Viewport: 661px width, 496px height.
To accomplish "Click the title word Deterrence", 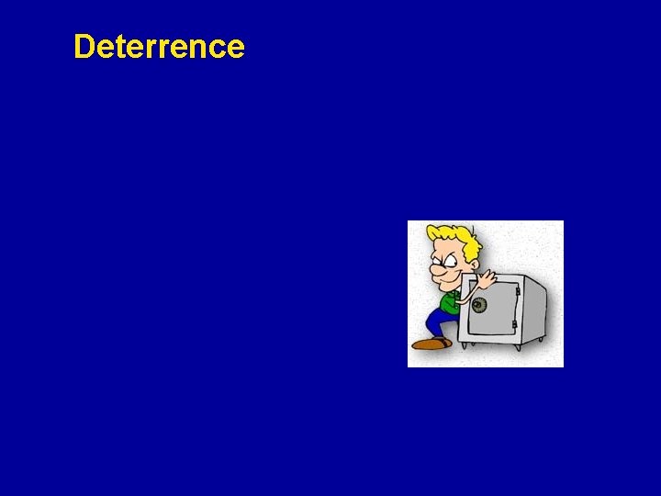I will [x=159, y=47].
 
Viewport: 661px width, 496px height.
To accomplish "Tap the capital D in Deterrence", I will [x=84, y=47].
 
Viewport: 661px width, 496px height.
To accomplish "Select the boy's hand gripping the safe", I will [x=484, y=278].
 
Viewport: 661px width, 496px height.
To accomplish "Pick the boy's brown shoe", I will [x=429, y=344].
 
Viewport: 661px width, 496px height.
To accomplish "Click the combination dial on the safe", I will [x=479, y=305].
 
